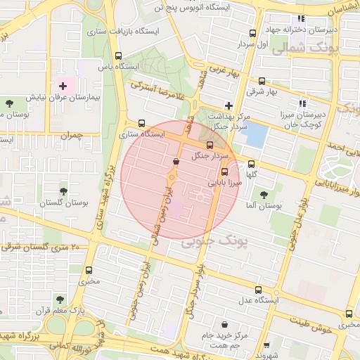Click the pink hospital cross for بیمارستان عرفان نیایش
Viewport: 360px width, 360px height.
click(x=63, y=86)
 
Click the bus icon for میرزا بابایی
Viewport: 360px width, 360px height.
click(x=224, y=172)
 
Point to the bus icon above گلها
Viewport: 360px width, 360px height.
click(x=252, y=164)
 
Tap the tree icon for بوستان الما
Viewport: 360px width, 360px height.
click(x=264, y=195)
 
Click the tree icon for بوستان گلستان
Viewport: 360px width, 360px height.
click(x=64, y=191)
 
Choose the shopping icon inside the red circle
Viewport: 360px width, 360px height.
click(x=175, y=162)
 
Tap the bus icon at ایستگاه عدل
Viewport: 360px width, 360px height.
click(x=258, y=289)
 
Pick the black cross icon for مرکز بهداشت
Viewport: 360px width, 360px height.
click(x=229, y=105)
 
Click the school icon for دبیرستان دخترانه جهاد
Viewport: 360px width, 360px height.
click(x=301, y=19)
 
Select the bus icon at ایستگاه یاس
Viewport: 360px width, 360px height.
click(x=116, y=56)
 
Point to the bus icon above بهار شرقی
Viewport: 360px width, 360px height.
click(x=262, y=81)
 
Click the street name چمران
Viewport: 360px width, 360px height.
click(x=72, y=134)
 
